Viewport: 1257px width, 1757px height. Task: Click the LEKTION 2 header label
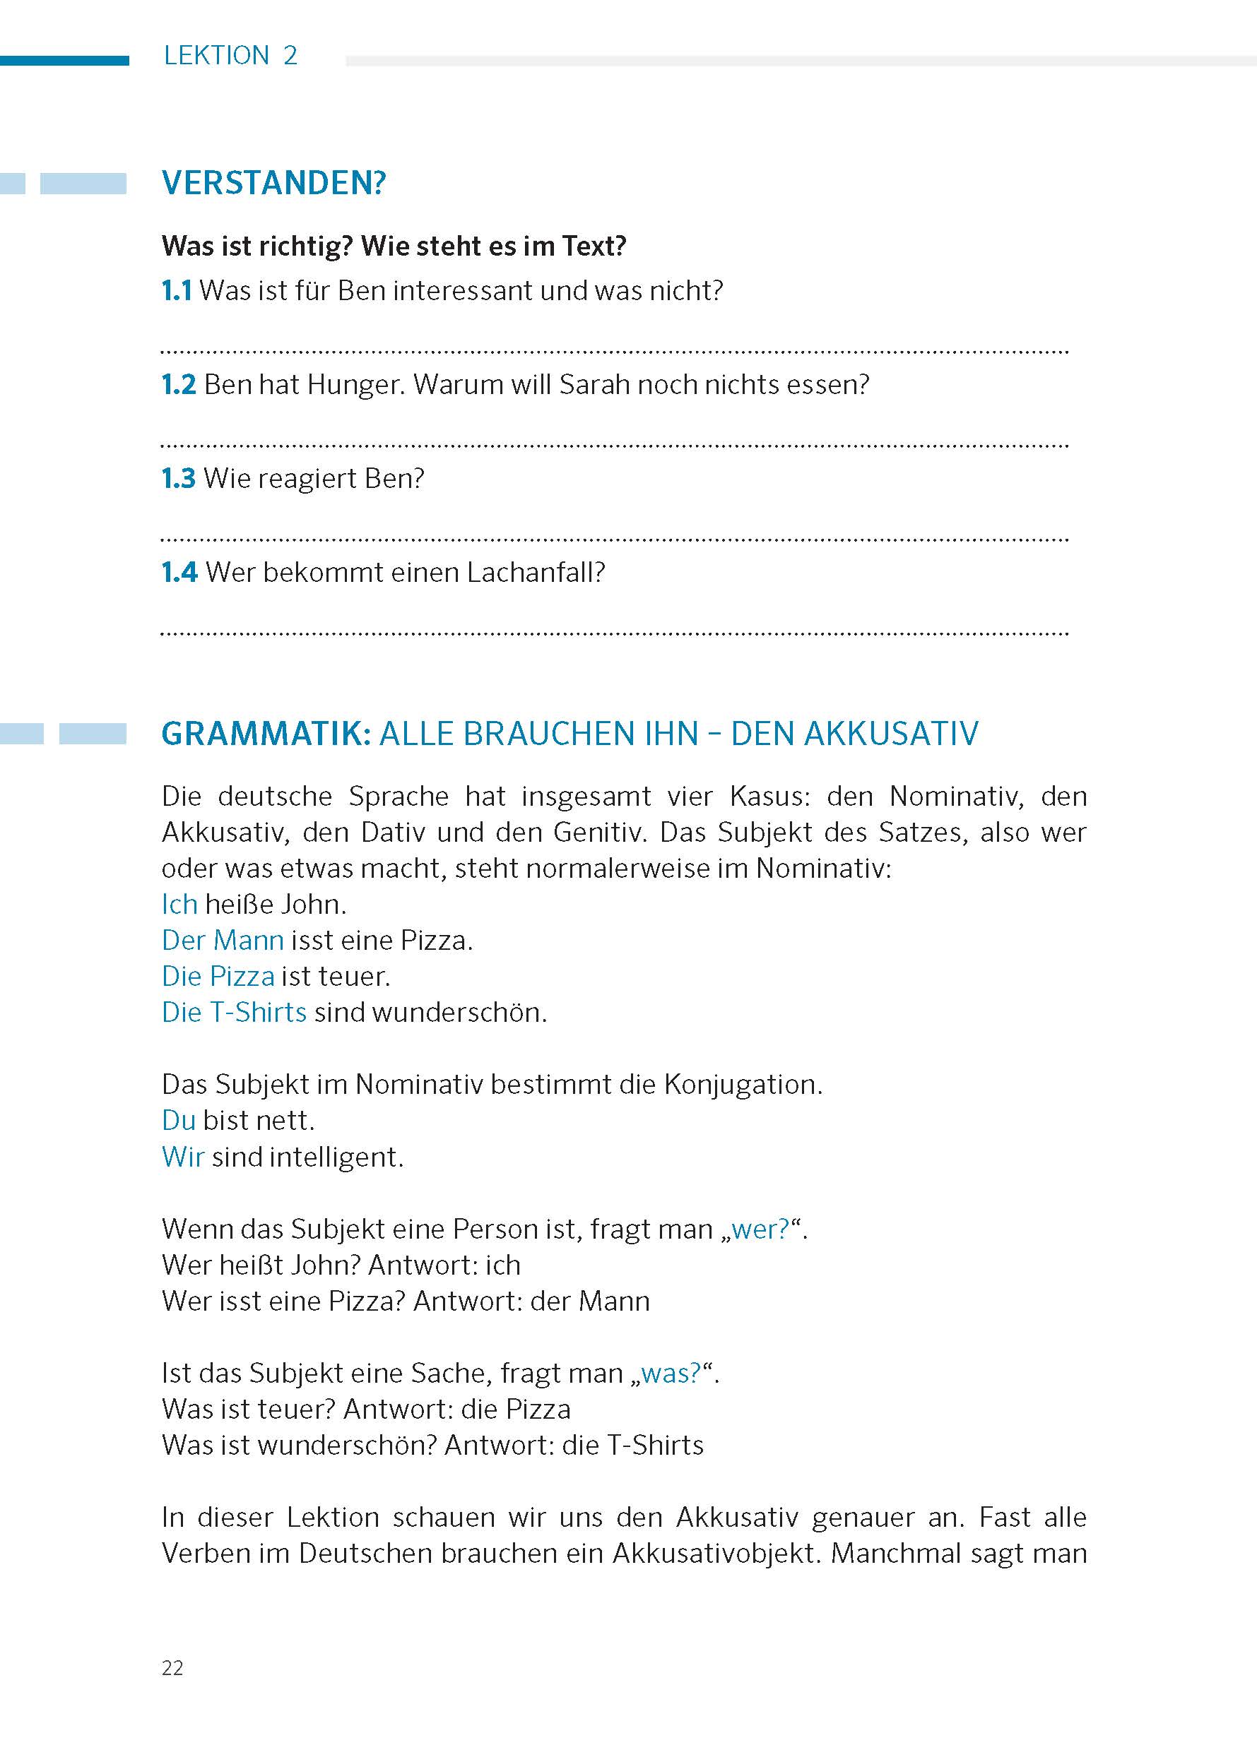click(230, 56)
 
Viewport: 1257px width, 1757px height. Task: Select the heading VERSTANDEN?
click(273, 184)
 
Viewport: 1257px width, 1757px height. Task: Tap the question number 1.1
click(176, 291)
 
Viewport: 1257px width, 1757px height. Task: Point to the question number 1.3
click(177, 479)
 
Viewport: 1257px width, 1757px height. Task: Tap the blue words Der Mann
click(223, 940)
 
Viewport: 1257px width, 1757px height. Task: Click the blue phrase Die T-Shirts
click(234, 1012)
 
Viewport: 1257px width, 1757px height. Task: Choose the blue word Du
click(178, 1120)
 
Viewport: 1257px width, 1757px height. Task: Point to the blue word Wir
click(183, 1157)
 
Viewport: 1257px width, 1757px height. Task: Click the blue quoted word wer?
click(760, 1229)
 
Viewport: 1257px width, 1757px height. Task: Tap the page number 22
click(172, 1668)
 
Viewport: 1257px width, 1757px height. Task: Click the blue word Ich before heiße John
click(179, 904)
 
